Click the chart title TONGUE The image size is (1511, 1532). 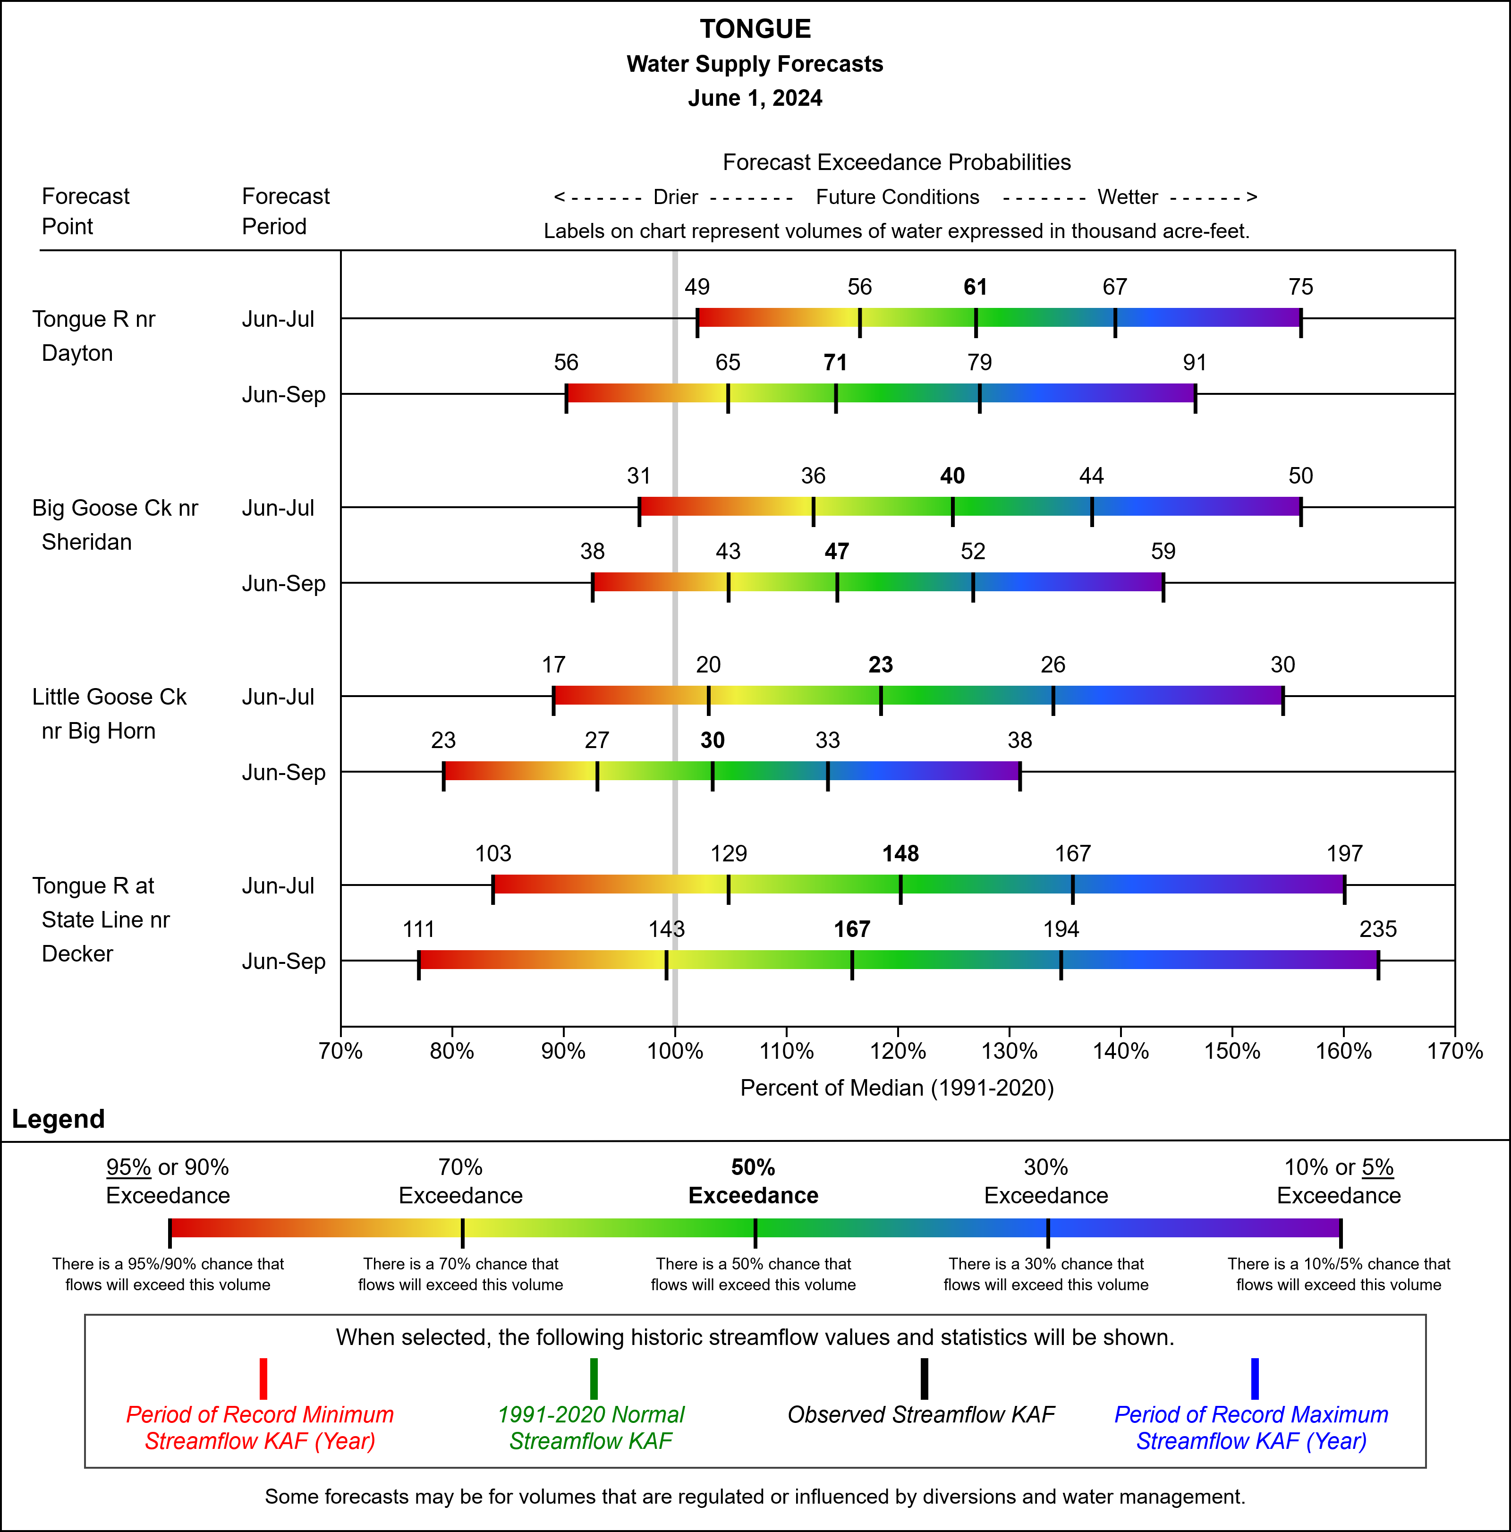point(755,29)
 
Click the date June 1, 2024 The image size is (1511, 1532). point(755,98)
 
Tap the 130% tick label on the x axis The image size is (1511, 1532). point(1009,1051)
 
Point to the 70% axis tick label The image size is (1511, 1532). point(341,1051)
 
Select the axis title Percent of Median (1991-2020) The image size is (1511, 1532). point(897,1088)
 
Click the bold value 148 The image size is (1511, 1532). point(900,854)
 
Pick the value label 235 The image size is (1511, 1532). point(1378,929)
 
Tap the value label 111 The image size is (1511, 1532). point(418,929)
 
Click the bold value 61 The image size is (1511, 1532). point(975,287)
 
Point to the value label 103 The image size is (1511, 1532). point(493,854)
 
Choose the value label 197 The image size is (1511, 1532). point(1344,854)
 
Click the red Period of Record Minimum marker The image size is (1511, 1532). point(263,1379)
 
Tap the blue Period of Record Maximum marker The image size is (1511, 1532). point(1254,1379)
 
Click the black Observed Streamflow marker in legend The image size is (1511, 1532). point(924,1379)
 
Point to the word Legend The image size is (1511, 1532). point(59,1119)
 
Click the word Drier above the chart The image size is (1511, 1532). point(675,197)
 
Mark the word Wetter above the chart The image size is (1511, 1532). point(1127,197)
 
